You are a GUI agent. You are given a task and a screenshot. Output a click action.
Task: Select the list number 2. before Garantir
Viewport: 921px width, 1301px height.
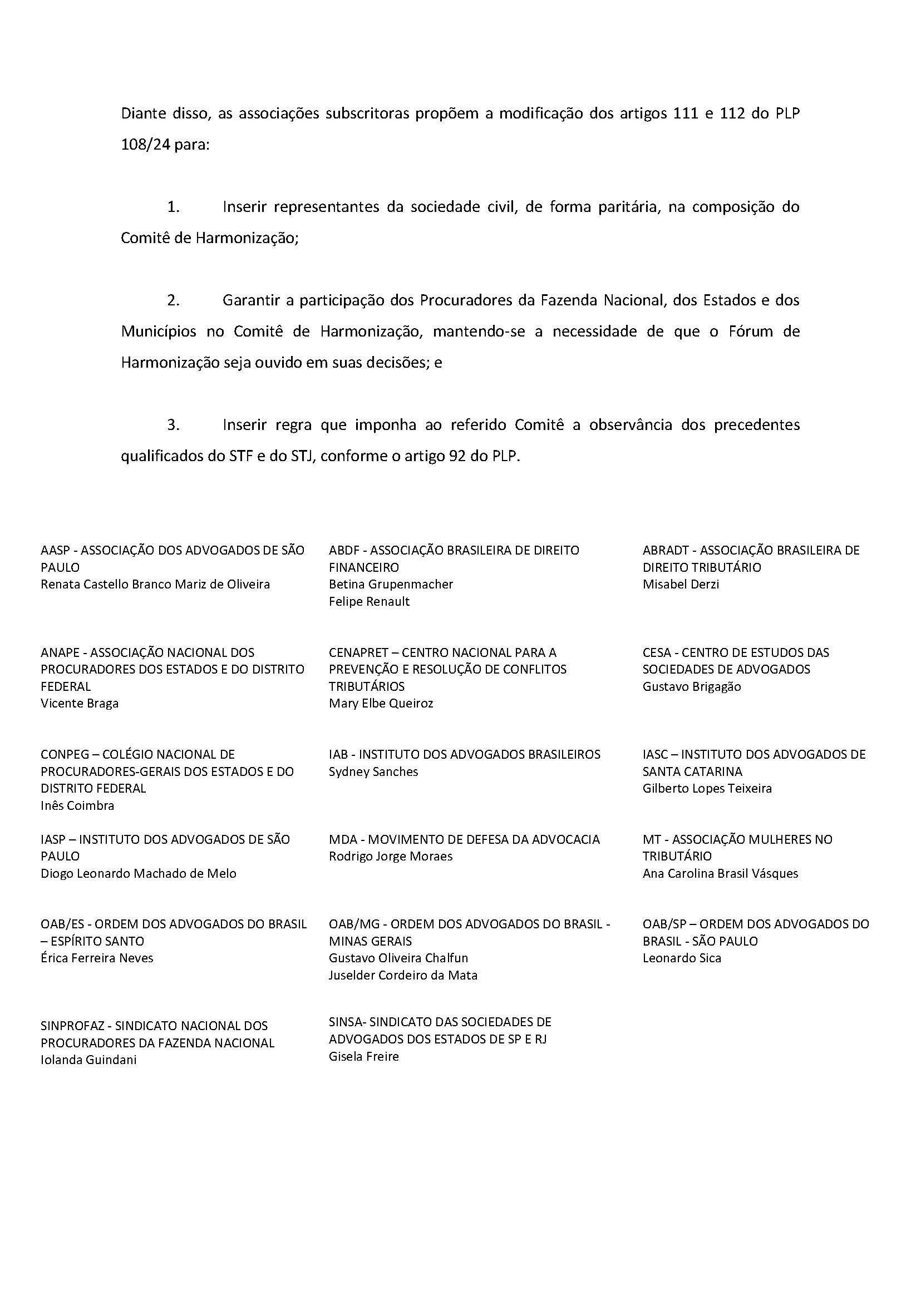point(173,300)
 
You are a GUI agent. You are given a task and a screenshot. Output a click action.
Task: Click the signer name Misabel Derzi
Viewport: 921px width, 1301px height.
point(681,585)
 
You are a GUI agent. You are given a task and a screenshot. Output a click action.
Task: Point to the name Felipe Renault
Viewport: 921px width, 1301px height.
point(368,601)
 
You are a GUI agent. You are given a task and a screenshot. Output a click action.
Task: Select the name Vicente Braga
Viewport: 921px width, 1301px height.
point(80,704)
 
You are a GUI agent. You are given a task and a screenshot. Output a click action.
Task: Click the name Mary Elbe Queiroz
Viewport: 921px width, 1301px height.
point(381,704)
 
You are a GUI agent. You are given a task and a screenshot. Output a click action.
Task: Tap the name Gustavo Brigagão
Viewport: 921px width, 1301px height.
point(691,686)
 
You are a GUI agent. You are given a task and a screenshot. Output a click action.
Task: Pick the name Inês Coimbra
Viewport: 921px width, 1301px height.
point(77,805)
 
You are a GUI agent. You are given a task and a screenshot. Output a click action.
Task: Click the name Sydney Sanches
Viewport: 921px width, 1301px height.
point(373,771)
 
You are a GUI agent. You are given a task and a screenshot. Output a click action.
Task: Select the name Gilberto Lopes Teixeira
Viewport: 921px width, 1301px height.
point(707,789)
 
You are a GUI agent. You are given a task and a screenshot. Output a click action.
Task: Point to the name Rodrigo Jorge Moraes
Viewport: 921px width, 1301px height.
point(390,857)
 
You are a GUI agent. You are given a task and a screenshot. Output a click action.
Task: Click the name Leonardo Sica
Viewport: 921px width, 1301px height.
point(682,958)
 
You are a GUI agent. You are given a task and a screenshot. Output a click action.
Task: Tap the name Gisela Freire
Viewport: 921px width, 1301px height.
point(363,1057)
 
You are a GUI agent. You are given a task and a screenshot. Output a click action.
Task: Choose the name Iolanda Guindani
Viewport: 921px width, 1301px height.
point(88,1060)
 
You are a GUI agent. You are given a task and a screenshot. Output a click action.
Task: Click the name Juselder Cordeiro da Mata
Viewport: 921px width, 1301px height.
point(403,976)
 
